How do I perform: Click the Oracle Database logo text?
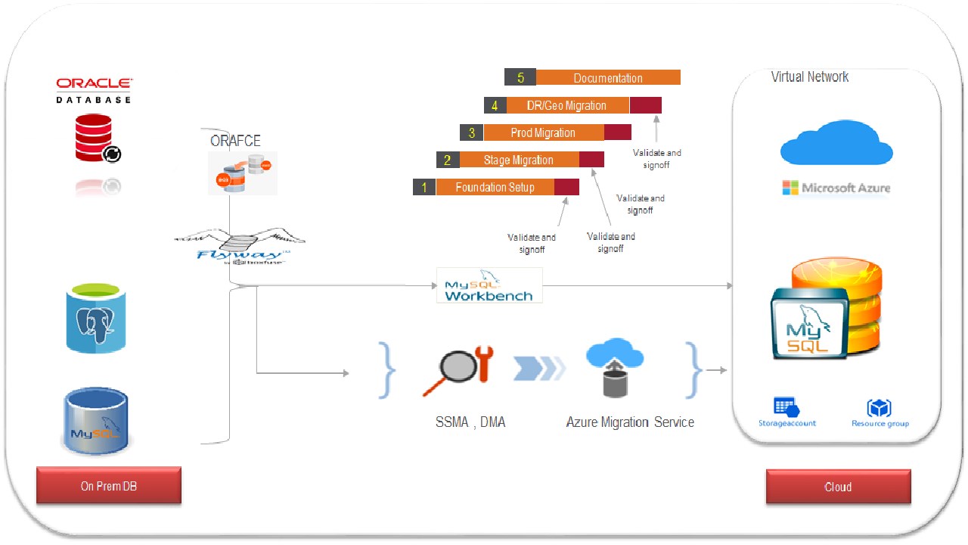pos(94,89)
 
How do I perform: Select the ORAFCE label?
pos(235,141)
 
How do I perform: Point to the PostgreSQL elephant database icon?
pos(95,318)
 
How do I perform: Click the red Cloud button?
pos(838,487)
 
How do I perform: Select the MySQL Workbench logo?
pos(489,286)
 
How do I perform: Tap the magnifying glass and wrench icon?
pos(458,370)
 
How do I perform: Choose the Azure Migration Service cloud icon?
pos(614,367)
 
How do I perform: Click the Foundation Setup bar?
pos(495,187)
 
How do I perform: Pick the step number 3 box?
pos(472,132)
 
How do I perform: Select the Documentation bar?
pos(607,77)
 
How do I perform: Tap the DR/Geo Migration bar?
pos(566,105)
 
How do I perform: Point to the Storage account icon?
pos(787,407)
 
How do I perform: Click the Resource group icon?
pos(880,408)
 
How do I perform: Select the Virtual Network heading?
pos(809,76)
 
